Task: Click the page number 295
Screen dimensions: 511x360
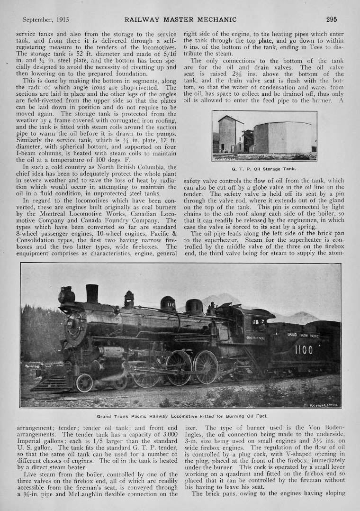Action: click(x=331, y=19)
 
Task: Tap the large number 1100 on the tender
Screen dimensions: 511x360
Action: click(x=303, y=350)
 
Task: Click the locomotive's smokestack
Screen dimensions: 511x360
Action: click(x=92, y=294)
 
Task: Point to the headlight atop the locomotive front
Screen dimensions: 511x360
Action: click(x=66, y=295)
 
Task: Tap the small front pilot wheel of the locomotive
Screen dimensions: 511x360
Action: click(x=84, y=383)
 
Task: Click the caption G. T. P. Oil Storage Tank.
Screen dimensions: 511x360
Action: click(x=264, y=168)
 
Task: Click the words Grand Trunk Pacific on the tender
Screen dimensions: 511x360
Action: click(x=303, y=335)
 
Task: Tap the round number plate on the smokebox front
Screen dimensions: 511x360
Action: click(x=71, y=324)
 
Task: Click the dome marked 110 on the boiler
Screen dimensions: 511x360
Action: click(x=168, y=304)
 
